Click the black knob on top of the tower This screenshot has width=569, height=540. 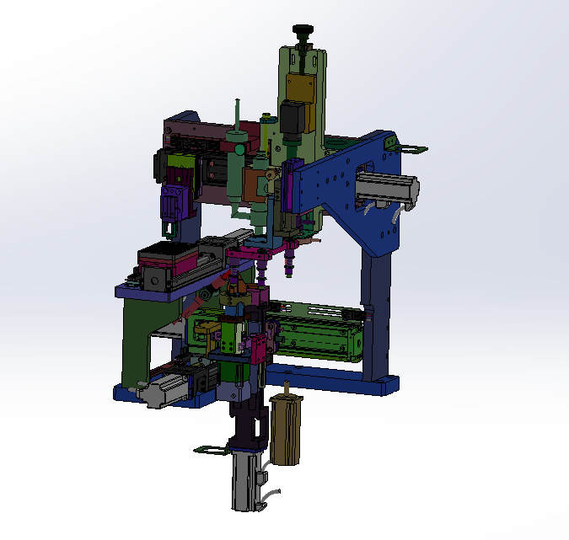[x=304, y=32]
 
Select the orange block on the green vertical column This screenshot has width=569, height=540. [x=299, y=86]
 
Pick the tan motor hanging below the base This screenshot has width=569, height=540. [x=286, y=430]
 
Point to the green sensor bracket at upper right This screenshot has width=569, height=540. [x=411, y=150]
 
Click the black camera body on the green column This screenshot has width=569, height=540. [x=293, y=117]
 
